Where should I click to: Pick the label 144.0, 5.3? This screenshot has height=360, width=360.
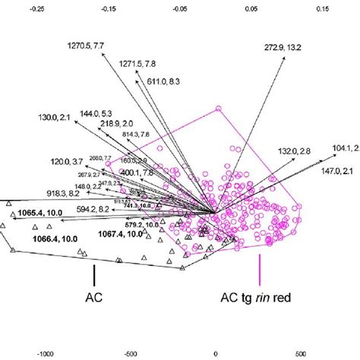(x=101, y=112)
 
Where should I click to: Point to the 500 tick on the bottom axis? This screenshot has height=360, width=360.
(x=302, y=352)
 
